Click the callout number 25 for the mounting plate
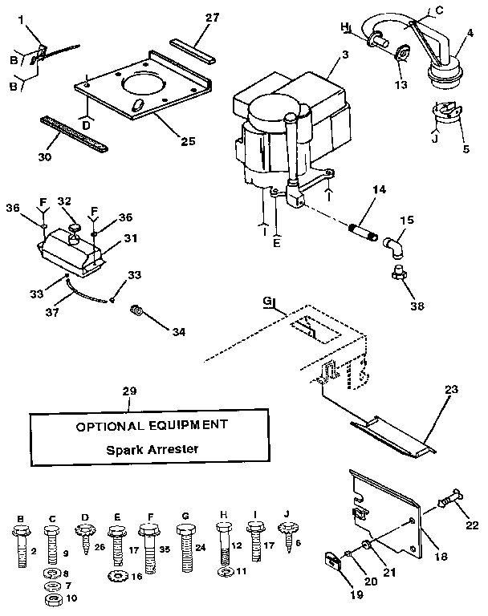click(x=187, y=141)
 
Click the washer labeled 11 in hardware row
click(x=223, y=573)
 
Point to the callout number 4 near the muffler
click(x=470, y=34)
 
